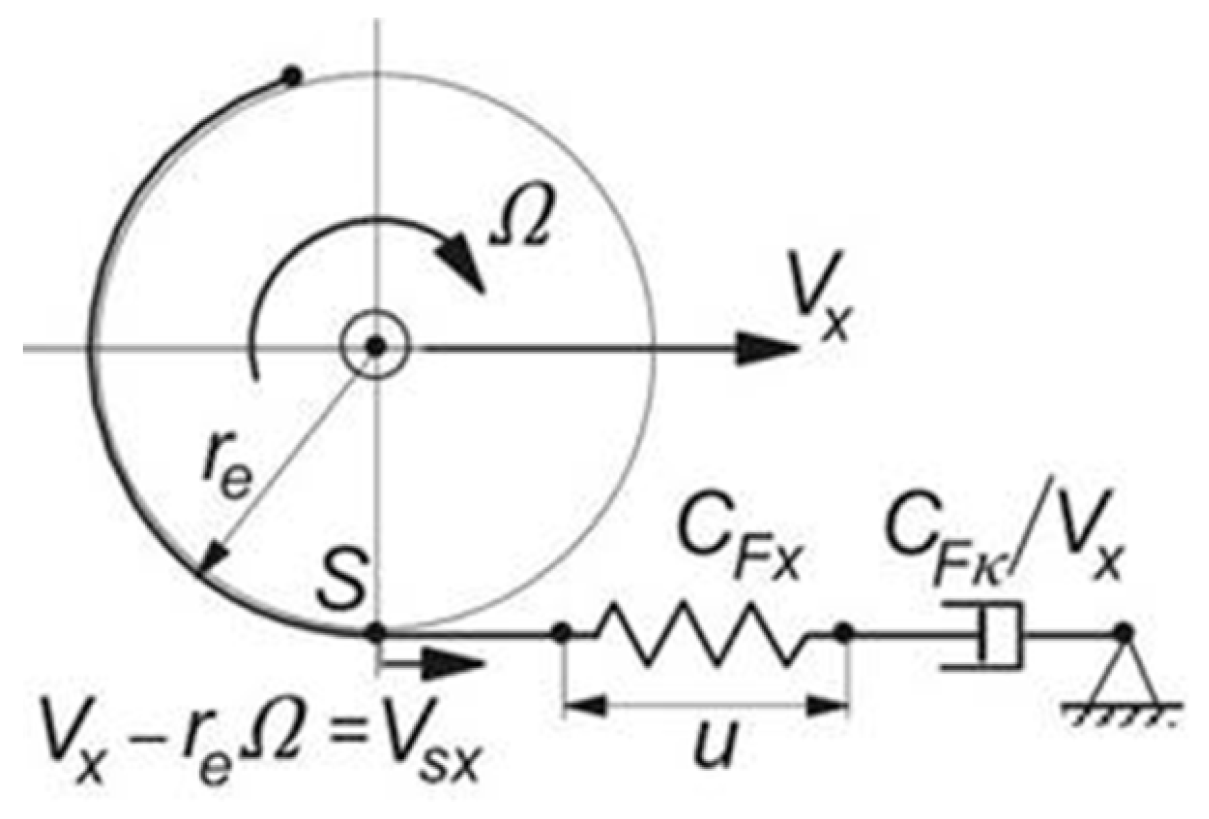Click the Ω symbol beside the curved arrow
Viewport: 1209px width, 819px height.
pos(521,225)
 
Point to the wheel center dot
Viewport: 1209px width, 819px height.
pos(375,347)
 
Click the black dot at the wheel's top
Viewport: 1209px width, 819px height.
pos(292,77)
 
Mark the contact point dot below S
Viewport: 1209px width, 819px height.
pos(375,632)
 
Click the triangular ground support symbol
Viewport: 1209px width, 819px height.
pos(1122,677)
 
